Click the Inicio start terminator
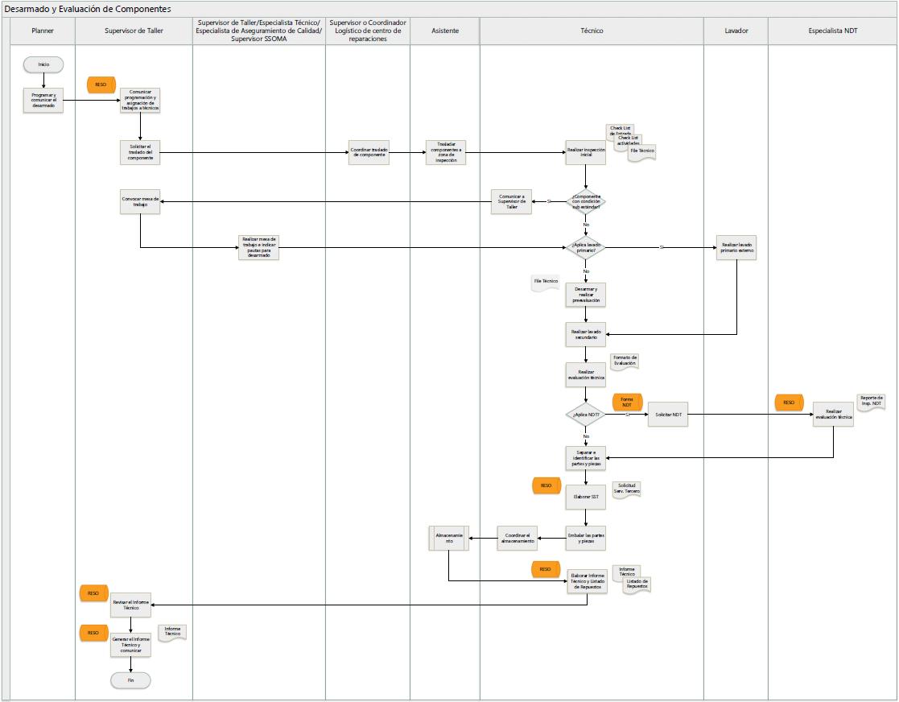43,64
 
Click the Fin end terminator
130,680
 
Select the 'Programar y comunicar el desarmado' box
43,100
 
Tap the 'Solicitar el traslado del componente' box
140,152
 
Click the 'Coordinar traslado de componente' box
369,152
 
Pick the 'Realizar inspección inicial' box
585,152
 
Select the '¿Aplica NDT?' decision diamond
585,415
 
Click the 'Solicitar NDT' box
668,415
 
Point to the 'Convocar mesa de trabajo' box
140,201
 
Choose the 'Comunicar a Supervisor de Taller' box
512,201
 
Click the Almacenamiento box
448,538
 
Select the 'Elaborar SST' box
585,497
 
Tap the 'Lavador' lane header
736,31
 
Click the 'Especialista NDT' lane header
832,31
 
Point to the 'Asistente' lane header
444,31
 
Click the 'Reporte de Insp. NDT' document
871,402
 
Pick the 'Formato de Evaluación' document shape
625,361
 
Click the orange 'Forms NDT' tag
626,401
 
